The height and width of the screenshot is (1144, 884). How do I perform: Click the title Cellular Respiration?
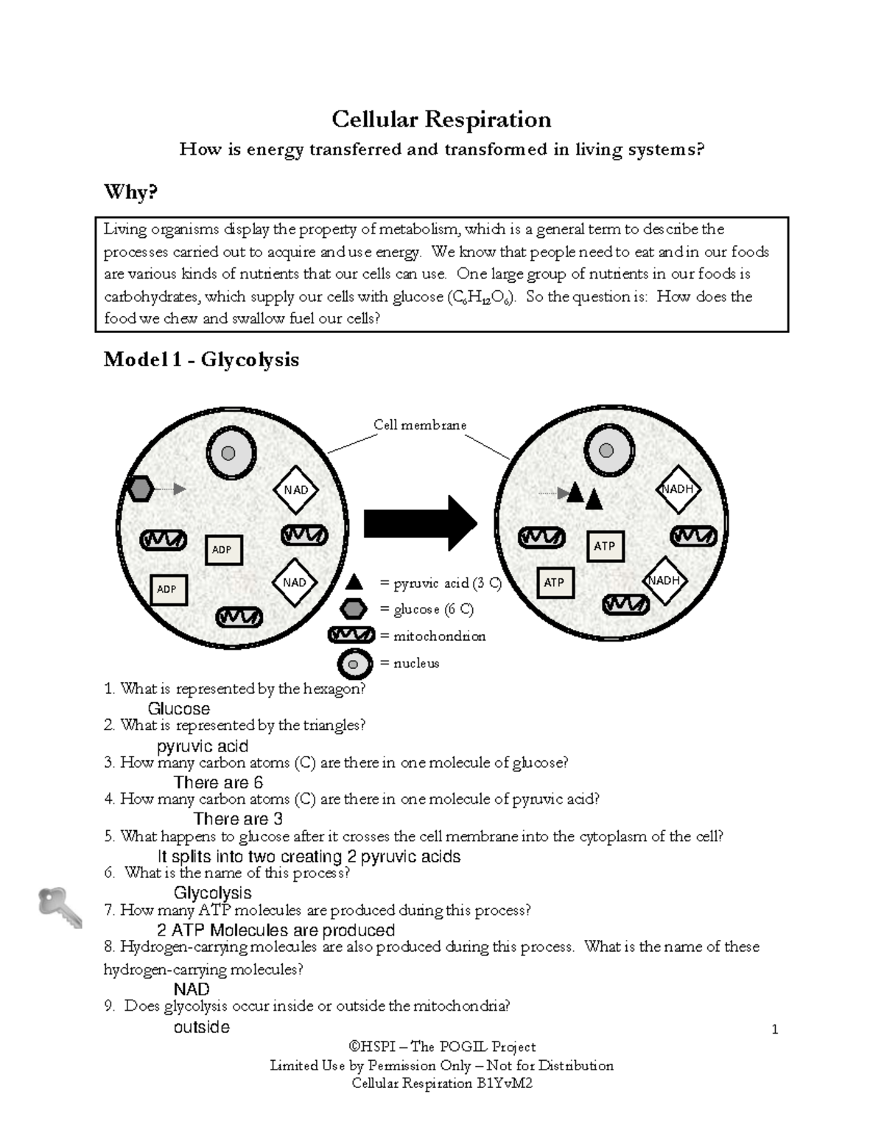[441, 119]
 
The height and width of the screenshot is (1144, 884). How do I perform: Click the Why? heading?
[130, 192]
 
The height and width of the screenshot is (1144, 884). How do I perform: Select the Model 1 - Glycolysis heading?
[201, 359]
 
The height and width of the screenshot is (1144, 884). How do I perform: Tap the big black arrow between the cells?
[421, 523]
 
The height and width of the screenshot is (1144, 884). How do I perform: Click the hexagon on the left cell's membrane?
[139, 488]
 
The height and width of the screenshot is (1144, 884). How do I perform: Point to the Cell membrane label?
[419, 425]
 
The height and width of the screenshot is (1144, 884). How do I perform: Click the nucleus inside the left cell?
[231, 453]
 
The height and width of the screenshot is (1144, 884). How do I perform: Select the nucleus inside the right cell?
[607, 451]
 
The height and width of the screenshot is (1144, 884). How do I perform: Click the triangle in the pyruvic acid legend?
[354, 583]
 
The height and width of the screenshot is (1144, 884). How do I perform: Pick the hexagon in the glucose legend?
[354, 609]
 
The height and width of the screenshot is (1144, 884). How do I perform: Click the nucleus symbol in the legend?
[354, 664]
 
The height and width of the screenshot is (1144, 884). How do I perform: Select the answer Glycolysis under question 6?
[212, 893]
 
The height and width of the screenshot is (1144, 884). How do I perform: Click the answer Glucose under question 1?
[178, 709]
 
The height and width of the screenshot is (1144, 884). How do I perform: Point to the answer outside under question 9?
[201, 1027]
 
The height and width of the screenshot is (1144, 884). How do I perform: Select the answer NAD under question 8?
[192, 989]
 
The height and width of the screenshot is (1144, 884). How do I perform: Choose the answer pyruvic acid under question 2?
[203, 746]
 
